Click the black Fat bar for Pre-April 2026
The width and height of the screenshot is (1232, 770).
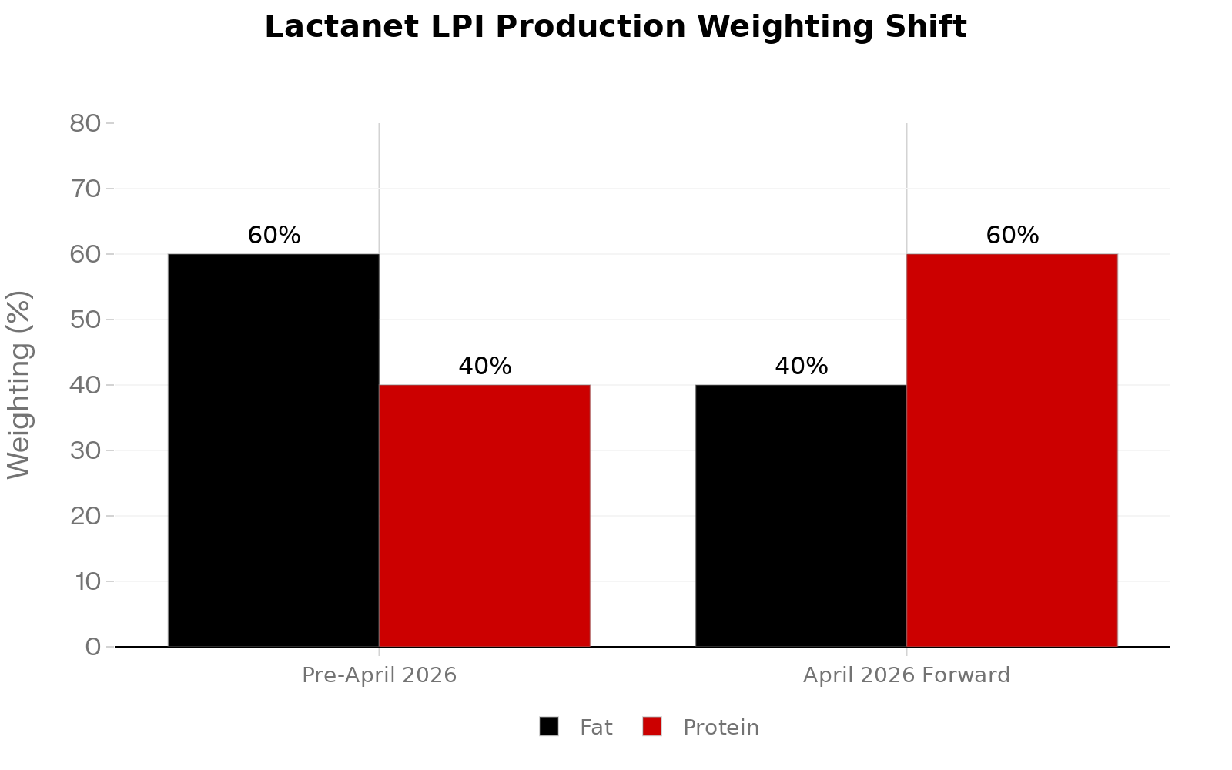click(273, 450)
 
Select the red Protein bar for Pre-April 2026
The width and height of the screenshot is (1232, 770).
click(484, 516)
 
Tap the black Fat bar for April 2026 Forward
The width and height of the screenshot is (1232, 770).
click(801, 516)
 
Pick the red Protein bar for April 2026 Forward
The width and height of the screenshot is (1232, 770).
click(1012, 450)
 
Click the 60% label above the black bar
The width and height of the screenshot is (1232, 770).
click(274, 236)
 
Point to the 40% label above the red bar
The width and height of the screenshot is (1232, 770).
click(485, 367)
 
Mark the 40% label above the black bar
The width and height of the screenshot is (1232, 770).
click(802, 367)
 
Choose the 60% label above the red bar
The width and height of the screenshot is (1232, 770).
click(1013, 236)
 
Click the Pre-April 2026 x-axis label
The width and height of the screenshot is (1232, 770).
click(379, 675)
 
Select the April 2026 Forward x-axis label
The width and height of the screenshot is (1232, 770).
click(906, 675)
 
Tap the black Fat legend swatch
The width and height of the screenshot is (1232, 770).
click(549, 727)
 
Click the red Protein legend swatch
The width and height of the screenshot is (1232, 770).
click(652, 727)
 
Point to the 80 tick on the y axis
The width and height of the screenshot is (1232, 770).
click(85, 123)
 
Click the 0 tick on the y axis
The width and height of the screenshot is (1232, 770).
click(93, 647)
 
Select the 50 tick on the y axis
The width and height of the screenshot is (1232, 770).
click(85, 320)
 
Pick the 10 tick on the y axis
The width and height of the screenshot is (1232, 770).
click(88, 581)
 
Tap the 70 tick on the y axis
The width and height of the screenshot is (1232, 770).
click(85, 189)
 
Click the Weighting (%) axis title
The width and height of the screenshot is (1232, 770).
click(20, 385)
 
